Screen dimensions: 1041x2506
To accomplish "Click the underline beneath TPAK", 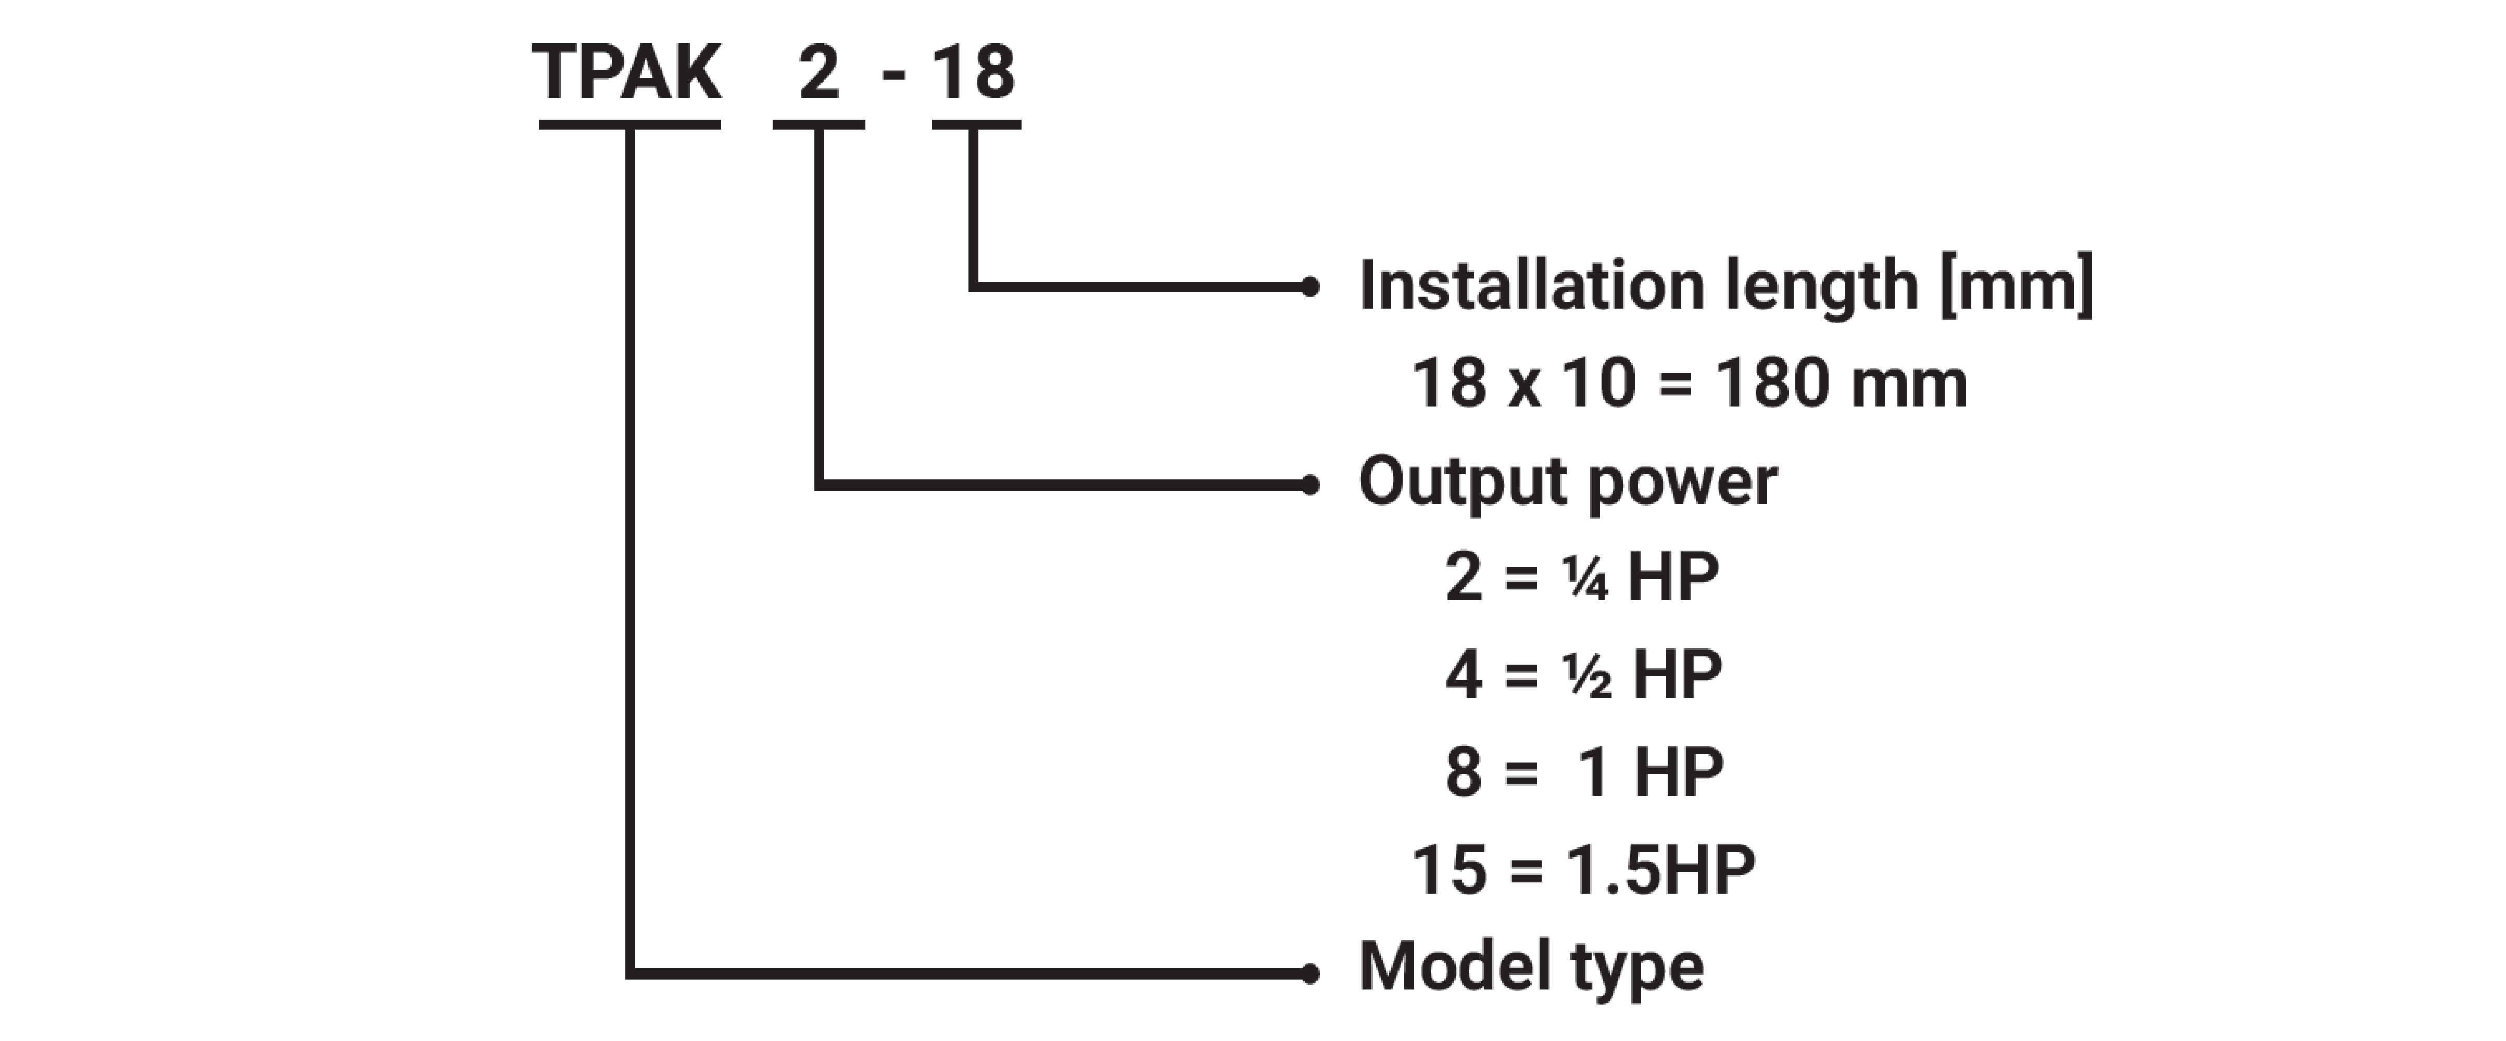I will click(x=629, y=124).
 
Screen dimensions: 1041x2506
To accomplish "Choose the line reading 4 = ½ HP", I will click(x=1583, y=674).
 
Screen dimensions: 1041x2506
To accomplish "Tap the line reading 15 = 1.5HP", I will click(x=1583, y=869).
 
